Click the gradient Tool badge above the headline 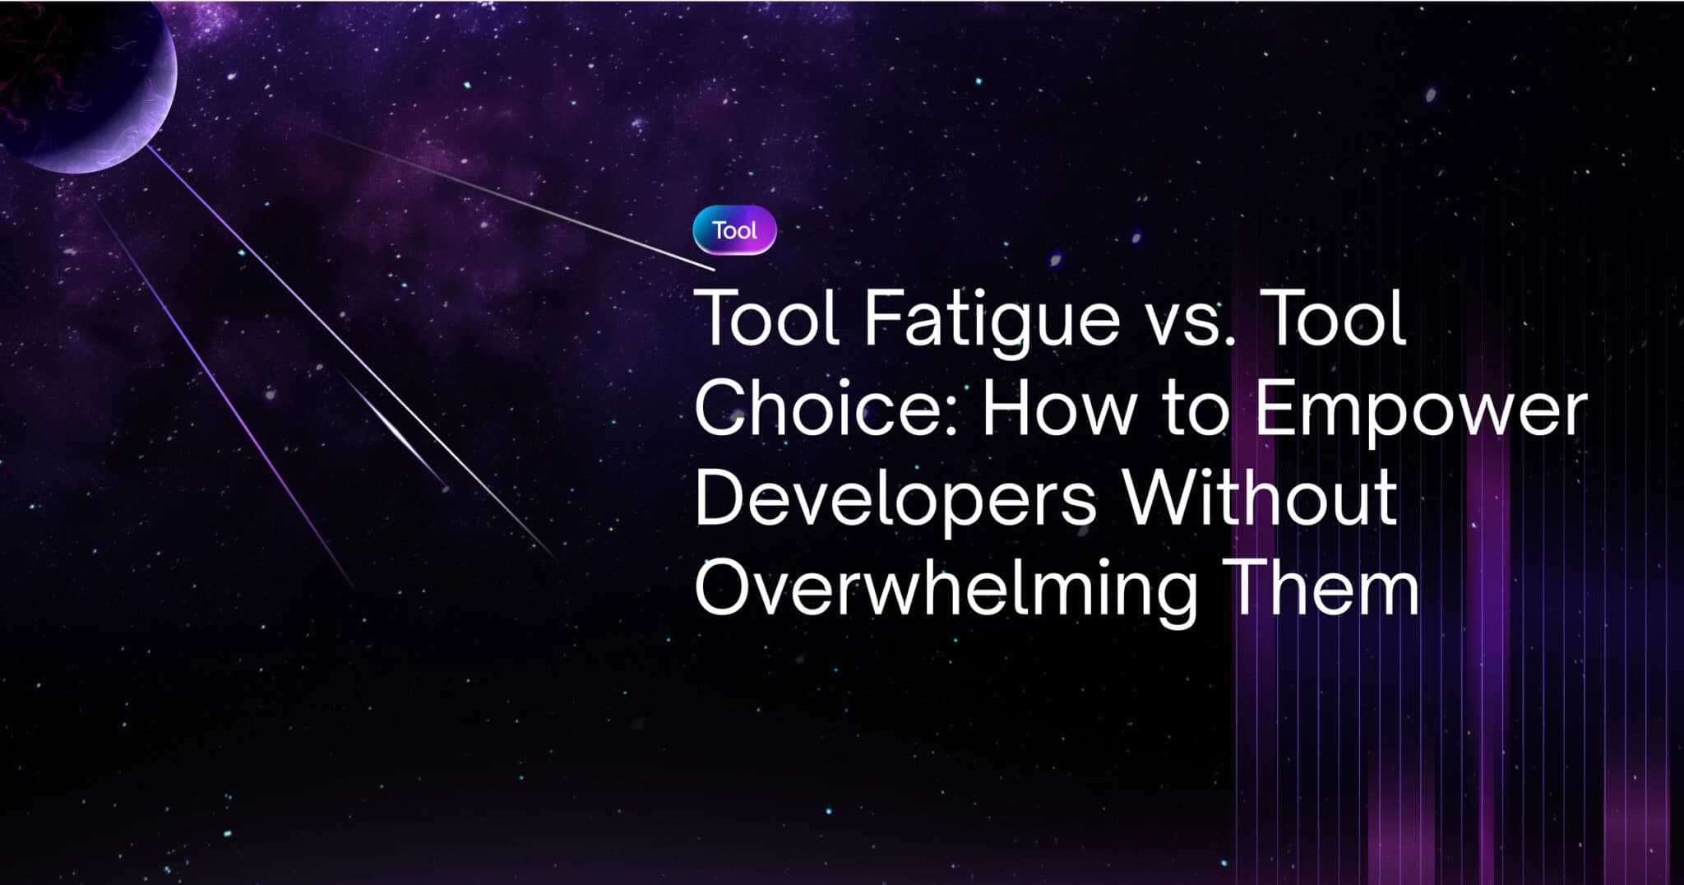734,230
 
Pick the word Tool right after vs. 1324,317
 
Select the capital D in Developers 720,498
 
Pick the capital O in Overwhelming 724,587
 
